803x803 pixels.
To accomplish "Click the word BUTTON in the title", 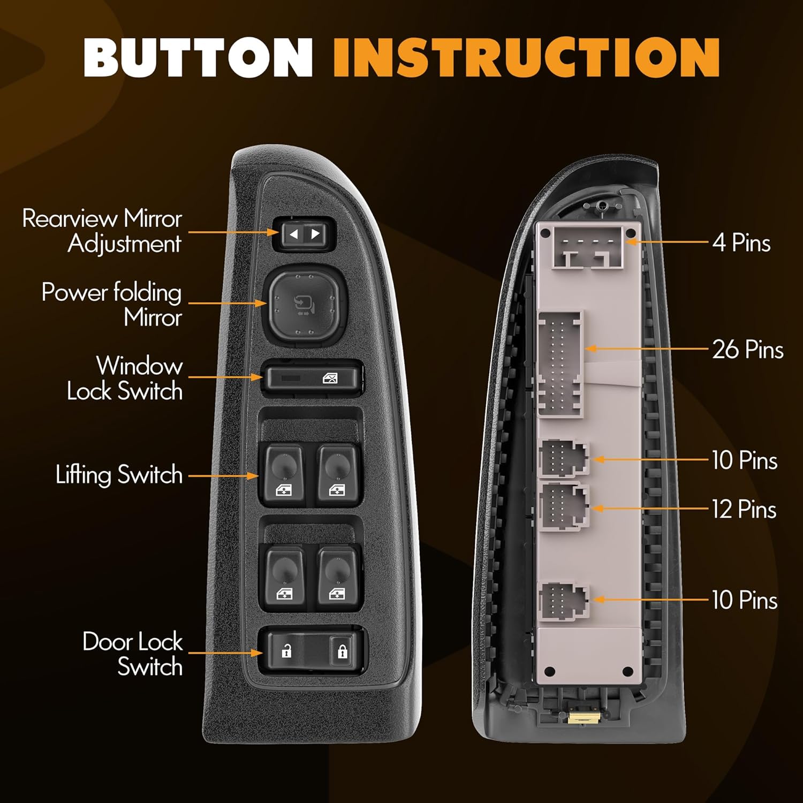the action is [x=198, y=58].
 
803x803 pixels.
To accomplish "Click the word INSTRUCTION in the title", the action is [x=526, y=58].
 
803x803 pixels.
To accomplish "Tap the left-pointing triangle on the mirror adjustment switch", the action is [x=293, y=234].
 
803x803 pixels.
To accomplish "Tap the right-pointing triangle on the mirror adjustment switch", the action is [x=316, y=234].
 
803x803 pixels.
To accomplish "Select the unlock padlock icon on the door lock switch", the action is [x=287, y=652].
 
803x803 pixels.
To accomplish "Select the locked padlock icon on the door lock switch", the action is [x=342, y=652].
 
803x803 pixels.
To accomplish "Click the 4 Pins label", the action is [x=741, y=243].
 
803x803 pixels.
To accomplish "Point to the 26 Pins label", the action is [x=748, y=350].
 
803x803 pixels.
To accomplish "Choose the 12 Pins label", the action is [x=744, y=509].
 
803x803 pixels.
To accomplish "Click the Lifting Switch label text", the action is [x=119, y=475].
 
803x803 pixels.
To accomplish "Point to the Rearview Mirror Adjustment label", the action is [x=102, y=231].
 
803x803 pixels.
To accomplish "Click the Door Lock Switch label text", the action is [x=132, y=654].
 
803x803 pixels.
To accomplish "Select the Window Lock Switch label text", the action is [x=125, y=378].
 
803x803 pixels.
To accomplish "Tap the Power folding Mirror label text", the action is [x=112, y=305].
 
